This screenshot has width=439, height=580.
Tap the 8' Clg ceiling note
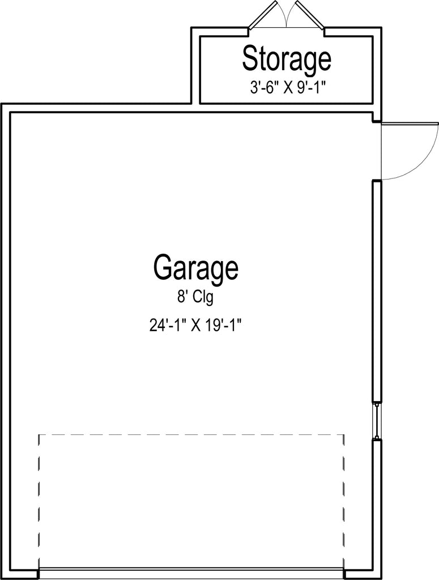(195, 297)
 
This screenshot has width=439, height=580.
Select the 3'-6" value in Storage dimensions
(265, 88)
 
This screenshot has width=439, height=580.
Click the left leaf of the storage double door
(263, 15)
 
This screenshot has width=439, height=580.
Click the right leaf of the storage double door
(310, 15)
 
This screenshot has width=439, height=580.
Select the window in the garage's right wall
(377, 421)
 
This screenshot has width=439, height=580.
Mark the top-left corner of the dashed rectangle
(39, 434)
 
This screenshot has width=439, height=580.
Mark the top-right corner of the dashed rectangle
(344, 434)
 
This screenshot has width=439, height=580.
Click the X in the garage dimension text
(195, 326)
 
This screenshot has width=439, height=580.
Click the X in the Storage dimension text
(288, 88)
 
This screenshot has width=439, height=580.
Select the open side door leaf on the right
(410, 123)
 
